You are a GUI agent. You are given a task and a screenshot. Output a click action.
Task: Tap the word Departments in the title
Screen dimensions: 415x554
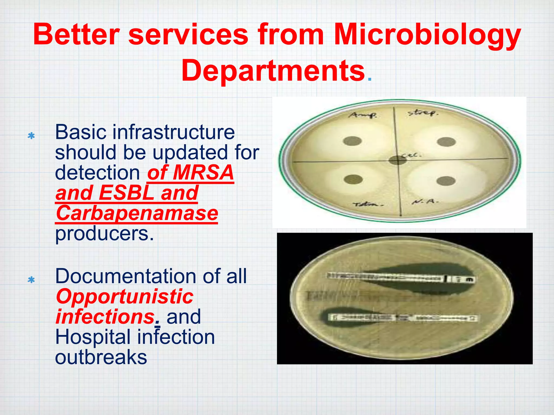[273, 71]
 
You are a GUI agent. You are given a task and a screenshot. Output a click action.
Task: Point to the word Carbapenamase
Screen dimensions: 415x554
[137, 213]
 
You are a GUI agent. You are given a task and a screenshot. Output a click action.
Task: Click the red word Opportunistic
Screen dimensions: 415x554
[124, 297]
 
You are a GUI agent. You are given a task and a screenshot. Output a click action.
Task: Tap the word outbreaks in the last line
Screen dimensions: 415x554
[101, 357]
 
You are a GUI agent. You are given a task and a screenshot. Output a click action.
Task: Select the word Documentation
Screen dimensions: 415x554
[126, 276]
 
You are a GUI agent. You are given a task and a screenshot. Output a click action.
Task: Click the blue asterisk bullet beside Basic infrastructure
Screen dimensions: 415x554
[31, 136]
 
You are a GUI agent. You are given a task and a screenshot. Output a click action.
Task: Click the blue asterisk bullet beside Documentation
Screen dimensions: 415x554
[31, 280]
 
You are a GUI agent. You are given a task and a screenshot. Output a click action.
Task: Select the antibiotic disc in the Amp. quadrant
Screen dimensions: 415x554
[353, 141]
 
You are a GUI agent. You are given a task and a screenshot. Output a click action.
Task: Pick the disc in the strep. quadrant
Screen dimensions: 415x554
[446, 142]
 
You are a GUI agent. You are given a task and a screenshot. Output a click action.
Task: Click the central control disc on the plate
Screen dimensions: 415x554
[398, 160]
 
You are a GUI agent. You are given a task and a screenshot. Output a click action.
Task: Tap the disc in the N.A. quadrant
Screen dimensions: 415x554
[446, 181]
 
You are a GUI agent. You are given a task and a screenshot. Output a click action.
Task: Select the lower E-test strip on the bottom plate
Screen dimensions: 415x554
[403, 318]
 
